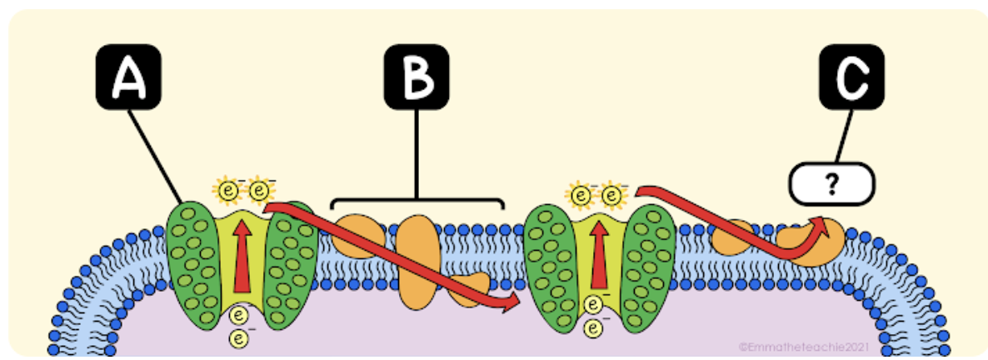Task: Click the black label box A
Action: [x=127, y=77]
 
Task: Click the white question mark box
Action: [x=831, y=184]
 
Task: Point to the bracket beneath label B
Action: [x=417, y=201]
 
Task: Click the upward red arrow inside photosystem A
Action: [x=242, y=255]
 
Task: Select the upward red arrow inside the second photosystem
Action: [x=597, y=255]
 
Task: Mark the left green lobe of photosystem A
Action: [x=193, y=250]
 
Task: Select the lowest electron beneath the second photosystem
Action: [x=593, y=328]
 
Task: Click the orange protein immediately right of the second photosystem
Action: [x=731, y=237]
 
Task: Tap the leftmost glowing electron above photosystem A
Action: [x=227, y=191]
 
